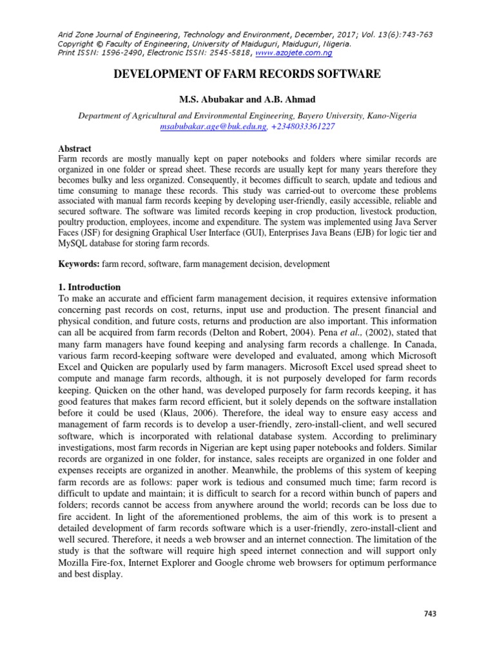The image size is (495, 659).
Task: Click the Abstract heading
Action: pyautogui.click(x=75, y=148)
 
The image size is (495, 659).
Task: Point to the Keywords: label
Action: pyautogui.click(x=79, y=264)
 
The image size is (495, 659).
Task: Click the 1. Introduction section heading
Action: pyautogui.click(x=89, y=287)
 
